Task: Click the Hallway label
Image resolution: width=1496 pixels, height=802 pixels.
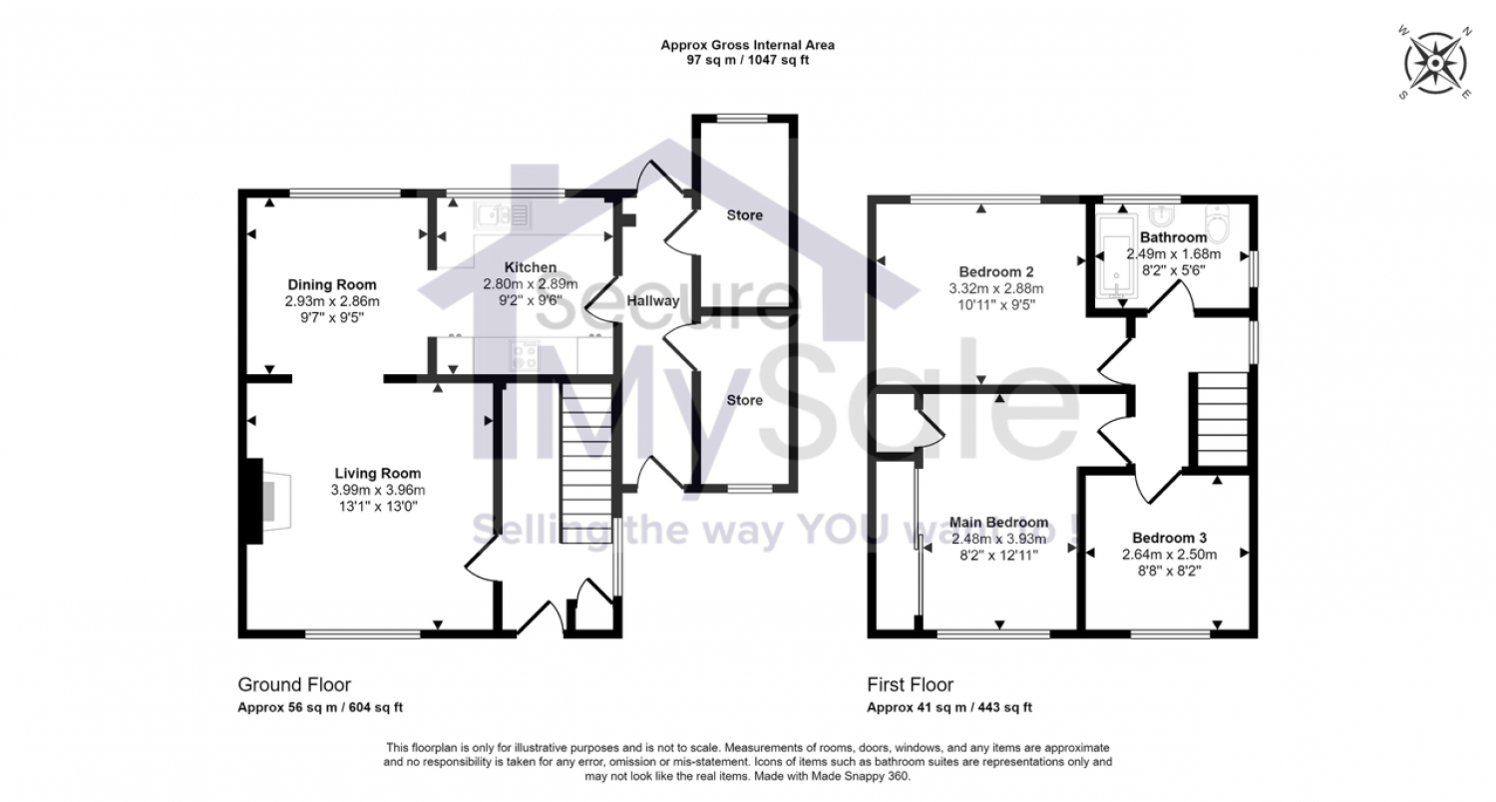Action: (653, 300)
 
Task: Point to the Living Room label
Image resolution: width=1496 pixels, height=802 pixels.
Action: (378, 473)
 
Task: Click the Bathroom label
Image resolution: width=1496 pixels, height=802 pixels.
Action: (1174, 237)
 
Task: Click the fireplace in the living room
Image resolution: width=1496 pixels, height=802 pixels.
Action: (265, 502)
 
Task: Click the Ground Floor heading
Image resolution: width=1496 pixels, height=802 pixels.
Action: (294, 684)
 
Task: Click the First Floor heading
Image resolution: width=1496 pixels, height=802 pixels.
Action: (910, 684)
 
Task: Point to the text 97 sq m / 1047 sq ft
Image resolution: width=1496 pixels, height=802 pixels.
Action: (747, 60)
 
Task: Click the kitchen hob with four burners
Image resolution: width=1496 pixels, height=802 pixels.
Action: (524, 354)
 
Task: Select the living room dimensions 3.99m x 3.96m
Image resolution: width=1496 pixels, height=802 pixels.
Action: (378, 489)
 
